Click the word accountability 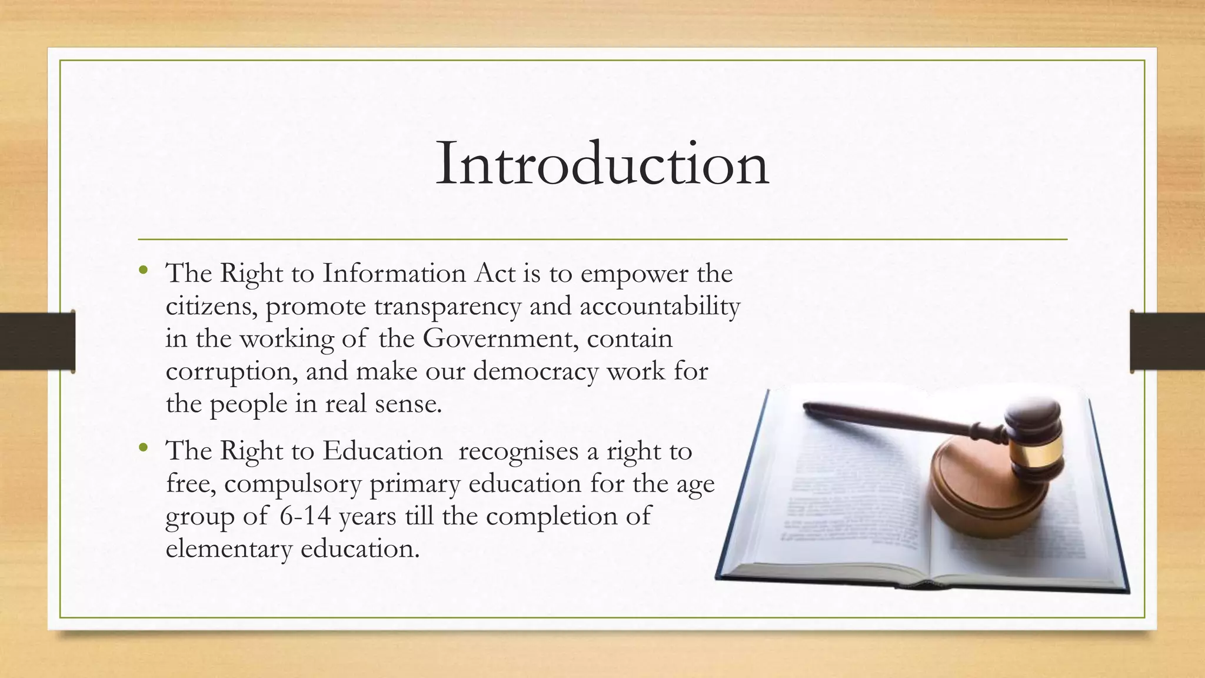(x=660, y=307)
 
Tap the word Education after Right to (x=382, y=451)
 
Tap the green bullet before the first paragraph (x=143, y=271)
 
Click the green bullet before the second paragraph (x=143, y=448)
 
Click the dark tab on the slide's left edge (x=38, y=341)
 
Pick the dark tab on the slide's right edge (x=1167, y=341)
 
